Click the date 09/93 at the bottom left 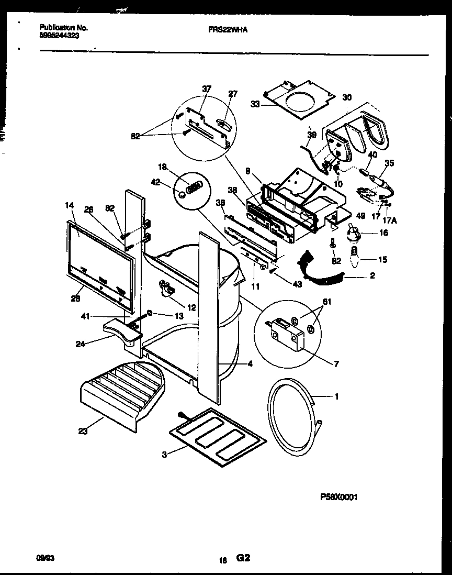click(48, 559)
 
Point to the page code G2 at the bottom click(242, 559)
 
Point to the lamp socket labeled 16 click(353, 231)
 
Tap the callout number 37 click(207, 89)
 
